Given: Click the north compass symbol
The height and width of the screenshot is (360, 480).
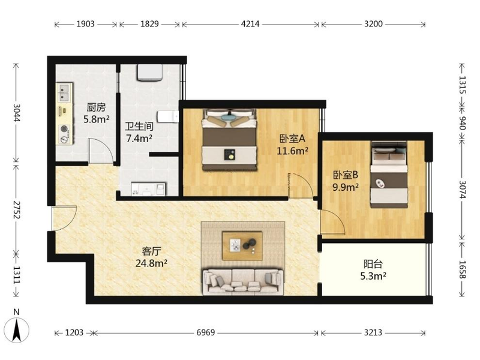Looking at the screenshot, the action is tap(17, 329).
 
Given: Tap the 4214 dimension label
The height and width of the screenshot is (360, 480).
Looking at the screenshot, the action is tap(250, 24).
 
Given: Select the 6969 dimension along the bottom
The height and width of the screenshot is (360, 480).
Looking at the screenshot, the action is tap(205, 332).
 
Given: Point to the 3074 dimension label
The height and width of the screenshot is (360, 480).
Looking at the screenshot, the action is tap(462, 190).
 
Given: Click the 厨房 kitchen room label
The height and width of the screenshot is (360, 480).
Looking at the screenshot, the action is tap(96, 107).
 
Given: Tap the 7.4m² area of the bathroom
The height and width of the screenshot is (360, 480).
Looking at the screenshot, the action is tap(139, 139).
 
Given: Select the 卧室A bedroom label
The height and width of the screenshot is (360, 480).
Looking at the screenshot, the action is tap(292, 139).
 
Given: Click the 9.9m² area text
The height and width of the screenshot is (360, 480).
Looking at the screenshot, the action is tap(346, 187).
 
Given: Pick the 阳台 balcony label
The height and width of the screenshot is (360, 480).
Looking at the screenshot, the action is tap(373, 264).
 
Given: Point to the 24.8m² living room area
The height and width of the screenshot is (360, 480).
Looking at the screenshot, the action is tap(151, 263).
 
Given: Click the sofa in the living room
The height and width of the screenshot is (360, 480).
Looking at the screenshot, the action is tap(243, 282).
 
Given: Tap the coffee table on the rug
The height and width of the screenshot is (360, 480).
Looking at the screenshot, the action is tap(242, 246).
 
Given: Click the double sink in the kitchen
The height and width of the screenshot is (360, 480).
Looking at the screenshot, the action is tap(64, 93).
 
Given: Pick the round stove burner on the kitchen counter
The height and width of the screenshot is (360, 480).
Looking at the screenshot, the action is tap(64, 129).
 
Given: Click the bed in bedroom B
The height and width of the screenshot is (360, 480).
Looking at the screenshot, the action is tap(389, 175).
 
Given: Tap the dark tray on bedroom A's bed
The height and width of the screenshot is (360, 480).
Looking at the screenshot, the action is tap(229, 154).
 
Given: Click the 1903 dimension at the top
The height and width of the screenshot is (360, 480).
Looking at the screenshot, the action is tap(85, 24).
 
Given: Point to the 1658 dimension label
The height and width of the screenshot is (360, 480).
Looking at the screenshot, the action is tap(462, 269).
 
